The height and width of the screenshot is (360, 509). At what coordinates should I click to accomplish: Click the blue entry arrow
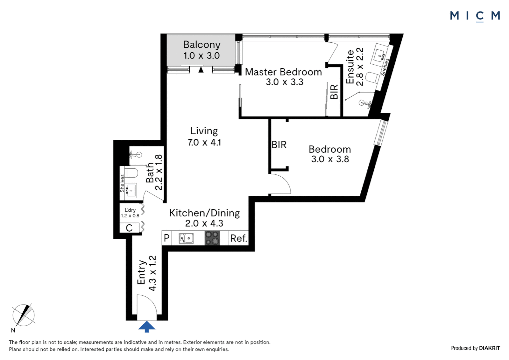[147, 327]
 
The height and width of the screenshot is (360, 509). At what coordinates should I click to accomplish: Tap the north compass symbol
[23, 316]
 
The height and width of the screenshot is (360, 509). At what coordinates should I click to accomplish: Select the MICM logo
[475, 16]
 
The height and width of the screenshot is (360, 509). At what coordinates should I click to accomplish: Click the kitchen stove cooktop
[212, 238]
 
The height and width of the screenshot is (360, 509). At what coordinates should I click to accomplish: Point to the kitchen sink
[186, 238]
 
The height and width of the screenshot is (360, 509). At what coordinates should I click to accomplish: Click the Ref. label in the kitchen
[239, 238]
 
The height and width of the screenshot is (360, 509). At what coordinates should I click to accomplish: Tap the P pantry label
[167, 238]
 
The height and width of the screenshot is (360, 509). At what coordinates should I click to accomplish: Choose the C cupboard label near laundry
[129, 228]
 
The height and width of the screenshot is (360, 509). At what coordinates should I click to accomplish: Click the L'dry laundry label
[130, 210]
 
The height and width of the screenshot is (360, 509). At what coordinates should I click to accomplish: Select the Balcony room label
[202, 45]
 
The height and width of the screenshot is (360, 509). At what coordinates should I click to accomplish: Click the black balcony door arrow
[201, 69]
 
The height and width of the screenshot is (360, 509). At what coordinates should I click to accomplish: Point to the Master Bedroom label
[283, 72]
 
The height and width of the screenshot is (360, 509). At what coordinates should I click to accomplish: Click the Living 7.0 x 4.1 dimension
[204, 143]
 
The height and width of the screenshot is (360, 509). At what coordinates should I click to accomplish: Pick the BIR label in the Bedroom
[279, 145]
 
